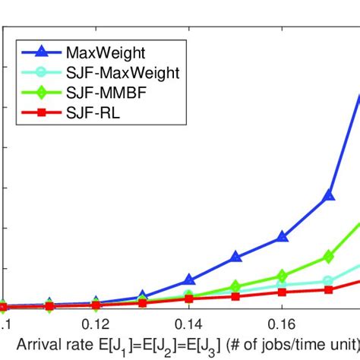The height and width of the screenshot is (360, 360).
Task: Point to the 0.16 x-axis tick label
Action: coord(282,323)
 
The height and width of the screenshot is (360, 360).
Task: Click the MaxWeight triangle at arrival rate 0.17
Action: coord(329,195)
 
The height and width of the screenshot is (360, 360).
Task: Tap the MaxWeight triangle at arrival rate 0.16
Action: coord(282,237)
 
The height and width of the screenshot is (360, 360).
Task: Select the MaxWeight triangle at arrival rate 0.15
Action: coord(235,257)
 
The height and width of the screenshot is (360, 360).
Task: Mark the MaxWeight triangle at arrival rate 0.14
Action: coord(189,280)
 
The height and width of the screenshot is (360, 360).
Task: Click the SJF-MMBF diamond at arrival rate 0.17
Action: coord(329,256)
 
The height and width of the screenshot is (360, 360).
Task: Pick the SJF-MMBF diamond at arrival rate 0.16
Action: coord(282,276)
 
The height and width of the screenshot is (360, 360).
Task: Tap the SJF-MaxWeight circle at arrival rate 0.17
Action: coord(329,280)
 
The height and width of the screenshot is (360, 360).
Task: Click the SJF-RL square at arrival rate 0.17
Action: coord(329,289)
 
